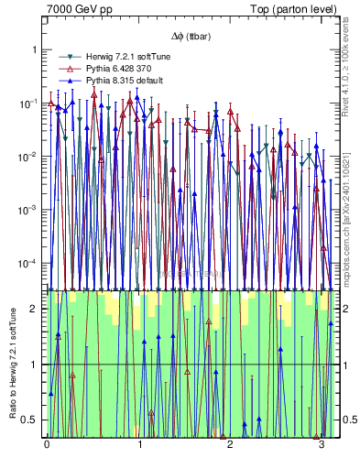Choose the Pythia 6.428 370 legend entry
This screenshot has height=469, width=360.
[113, 69]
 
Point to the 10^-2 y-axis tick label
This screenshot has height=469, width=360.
[27, 157]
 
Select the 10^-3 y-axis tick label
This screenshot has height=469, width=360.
[27, 210]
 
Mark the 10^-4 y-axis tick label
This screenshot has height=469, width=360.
[27, 264]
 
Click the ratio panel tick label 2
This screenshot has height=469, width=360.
[35, 309]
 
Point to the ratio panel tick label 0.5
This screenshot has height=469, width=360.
[31, 420]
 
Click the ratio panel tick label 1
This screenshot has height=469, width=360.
[35, 365]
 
